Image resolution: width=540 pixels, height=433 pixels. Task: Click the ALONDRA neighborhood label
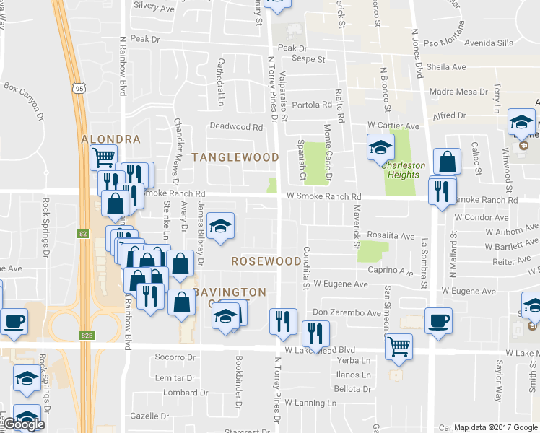coord(110,139)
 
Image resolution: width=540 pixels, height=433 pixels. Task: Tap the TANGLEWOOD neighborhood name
coord(235,157)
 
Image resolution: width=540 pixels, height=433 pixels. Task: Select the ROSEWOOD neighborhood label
coord(266,261)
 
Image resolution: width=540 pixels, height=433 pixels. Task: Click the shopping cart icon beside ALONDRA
coord(103,155)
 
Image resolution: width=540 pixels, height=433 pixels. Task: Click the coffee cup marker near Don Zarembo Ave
coord(438,320)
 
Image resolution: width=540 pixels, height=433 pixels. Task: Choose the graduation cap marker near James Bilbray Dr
coord(220,227)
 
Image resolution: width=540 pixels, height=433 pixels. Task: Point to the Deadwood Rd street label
coord(235,126)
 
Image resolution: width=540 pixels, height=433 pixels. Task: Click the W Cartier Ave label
coord(393,126)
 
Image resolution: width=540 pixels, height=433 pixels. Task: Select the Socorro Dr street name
coord(175,357)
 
